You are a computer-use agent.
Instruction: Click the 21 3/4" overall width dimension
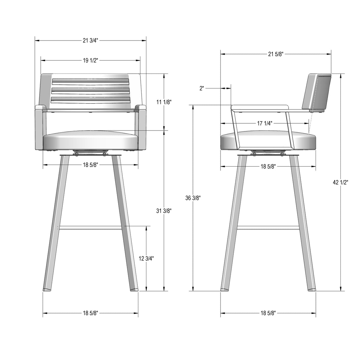click(x=90, y=40)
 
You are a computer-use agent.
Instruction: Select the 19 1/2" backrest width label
click(x=90, y=61)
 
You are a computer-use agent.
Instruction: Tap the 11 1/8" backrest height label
click(x=164, y=102)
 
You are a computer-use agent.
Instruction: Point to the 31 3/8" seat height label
click(x=164, y=211)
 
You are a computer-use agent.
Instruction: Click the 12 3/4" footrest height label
click(x=146, y=259)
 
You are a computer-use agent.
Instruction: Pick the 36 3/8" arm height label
click(x=193, y=198)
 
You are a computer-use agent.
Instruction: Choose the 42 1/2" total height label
click(x=340, y=182)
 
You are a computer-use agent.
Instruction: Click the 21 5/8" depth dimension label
click(x=276, y=54)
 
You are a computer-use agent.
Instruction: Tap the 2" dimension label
click(x=202, y=88)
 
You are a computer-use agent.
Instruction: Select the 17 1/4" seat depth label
click(x=265, y=123)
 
